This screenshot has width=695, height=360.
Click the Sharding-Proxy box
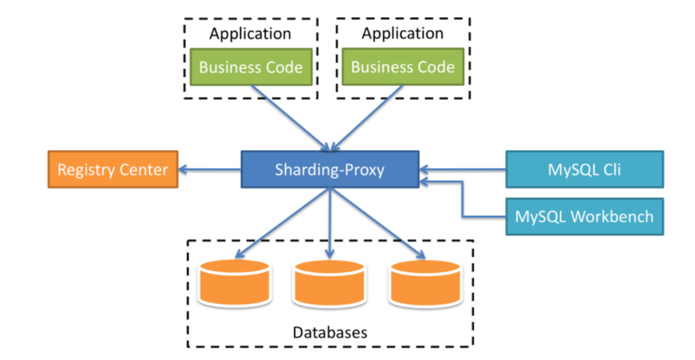pos(330,169)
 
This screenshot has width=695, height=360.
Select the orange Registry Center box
pos(113,169)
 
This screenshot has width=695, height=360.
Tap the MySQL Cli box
pos(584,169)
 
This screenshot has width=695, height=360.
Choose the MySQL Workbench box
pos(584,216)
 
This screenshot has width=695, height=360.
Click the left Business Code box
pos(251,67)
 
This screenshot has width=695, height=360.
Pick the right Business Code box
pos(402,67)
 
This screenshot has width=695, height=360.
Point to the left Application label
pos(251,33)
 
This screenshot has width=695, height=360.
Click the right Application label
pos(402,33)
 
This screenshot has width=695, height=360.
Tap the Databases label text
pos(330,331)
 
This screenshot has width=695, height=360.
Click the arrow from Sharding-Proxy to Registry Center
pos(210,169)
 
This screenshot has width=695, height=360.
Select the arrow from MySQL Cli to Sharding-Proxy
pos(462,169)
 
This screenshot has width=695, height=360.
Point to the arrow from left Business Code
pos(290,118)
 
